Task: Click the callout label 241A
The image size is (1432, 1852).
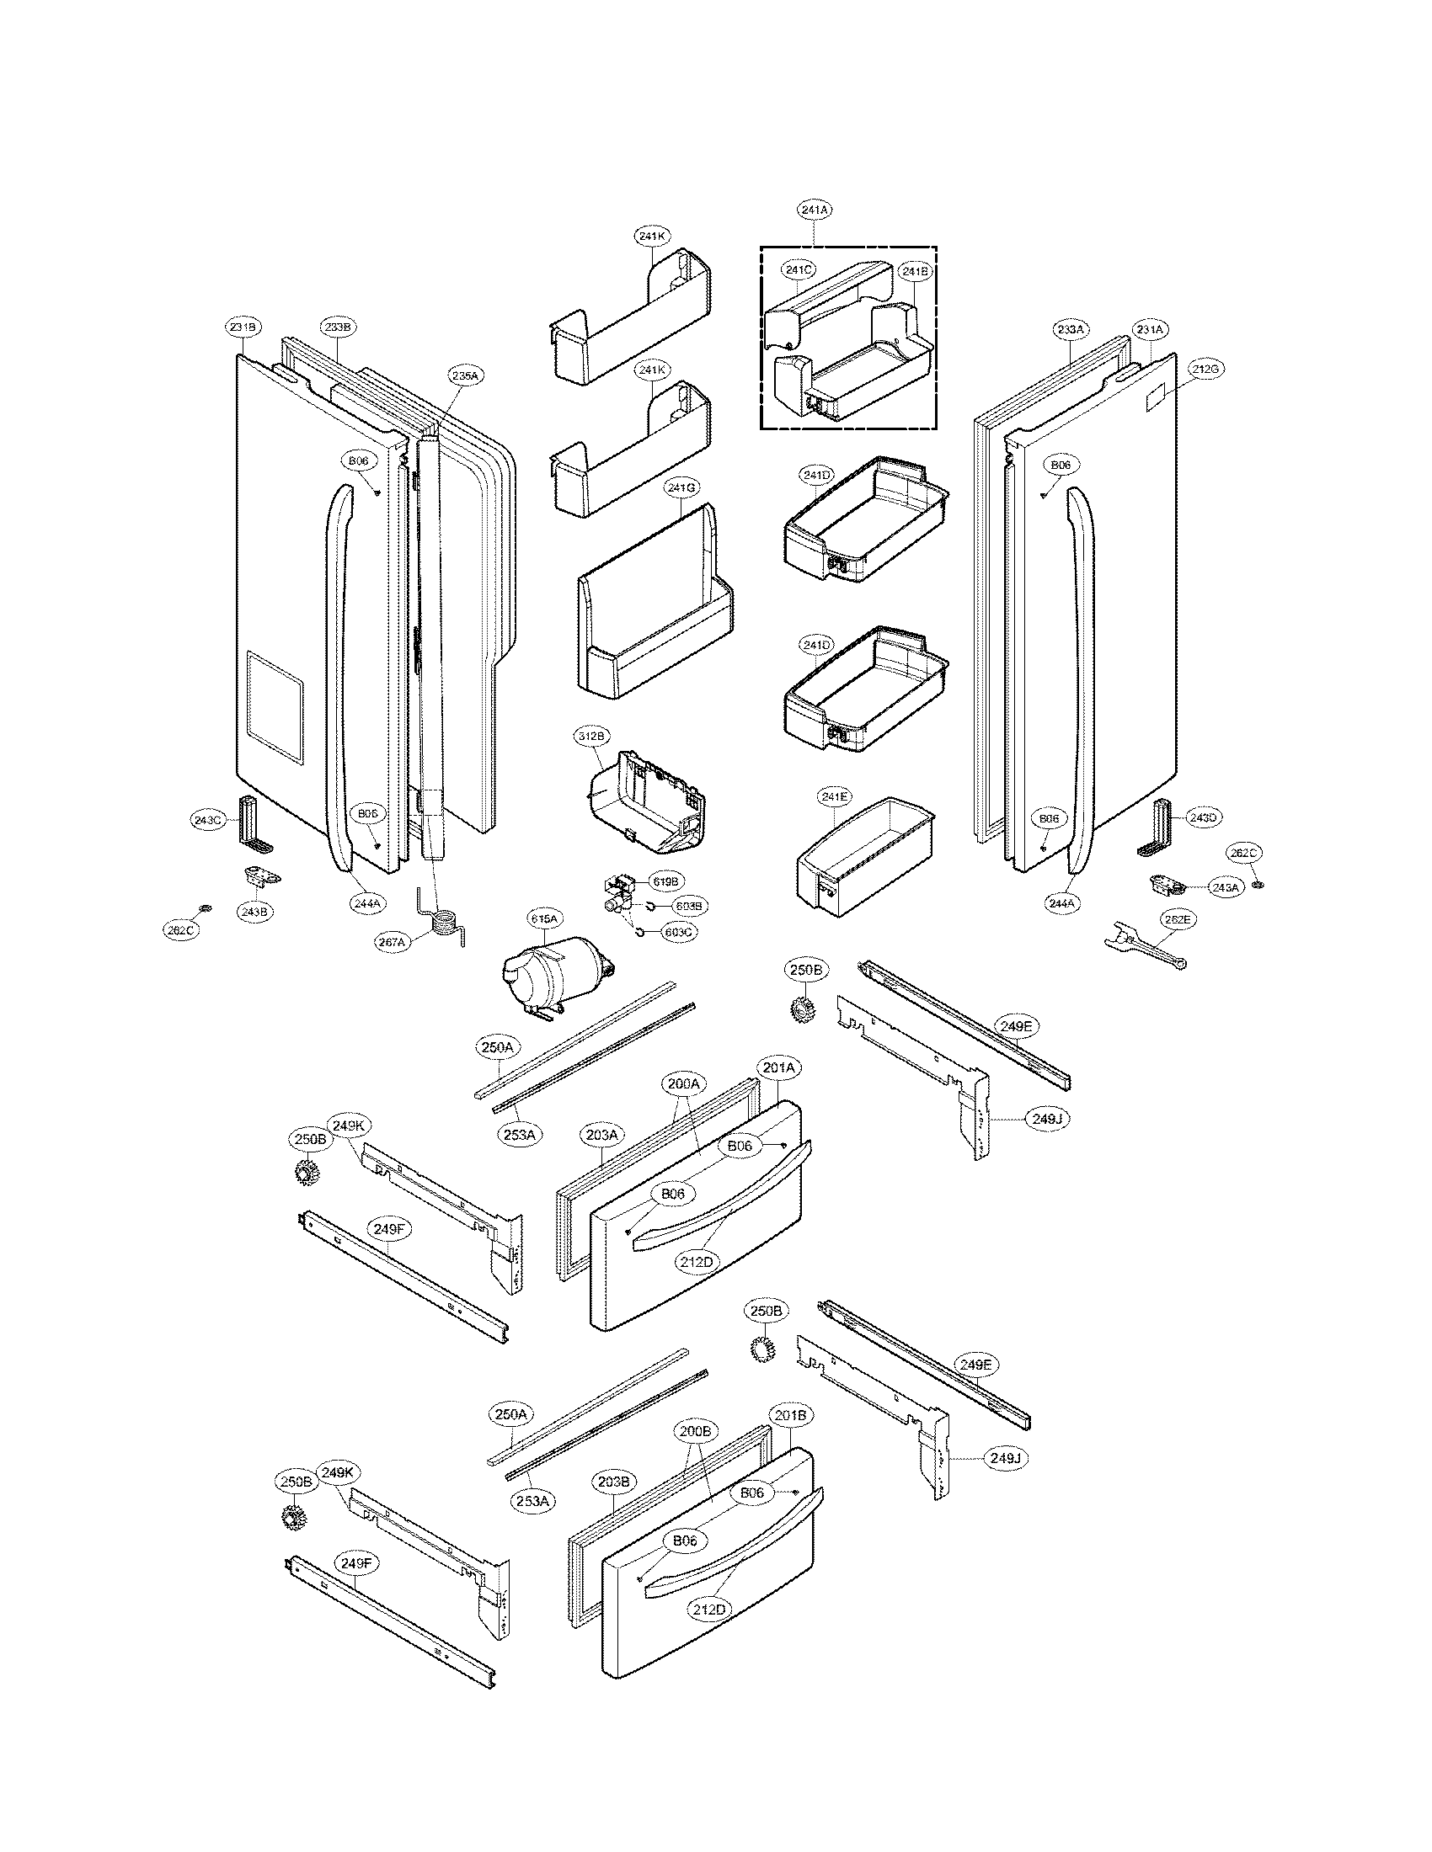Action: coord(814,209)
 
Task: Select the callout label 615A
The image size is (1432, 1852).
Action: coord(544,918)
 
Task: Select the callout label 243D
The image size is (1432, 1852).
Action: coord(1202,817)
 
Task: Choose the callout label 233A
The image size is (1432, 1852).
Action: coord(1071,329)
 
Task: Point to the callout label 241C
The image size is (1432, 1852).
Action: coord(799,270)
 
